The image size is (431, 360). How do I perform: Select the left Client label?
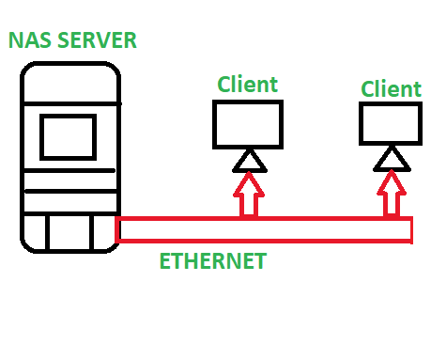pyautogui.click(x=248, y=85)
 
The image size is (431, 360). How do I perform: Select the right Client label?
pyautogui.click(x=391, y=89)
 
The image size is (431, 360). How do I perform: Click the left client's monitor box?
pyautogui.click(x=248, y=124)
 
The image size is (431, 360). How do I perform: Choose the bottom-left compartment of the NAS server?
pyautogui.click(x=35, y=232)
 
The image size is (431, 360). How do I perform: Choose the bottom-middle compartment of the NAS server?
pyautogui.click(x=70, y=232)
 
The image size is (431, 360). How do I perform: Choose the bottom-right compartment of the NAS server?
pyautogui.click(x=103, y=232)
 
